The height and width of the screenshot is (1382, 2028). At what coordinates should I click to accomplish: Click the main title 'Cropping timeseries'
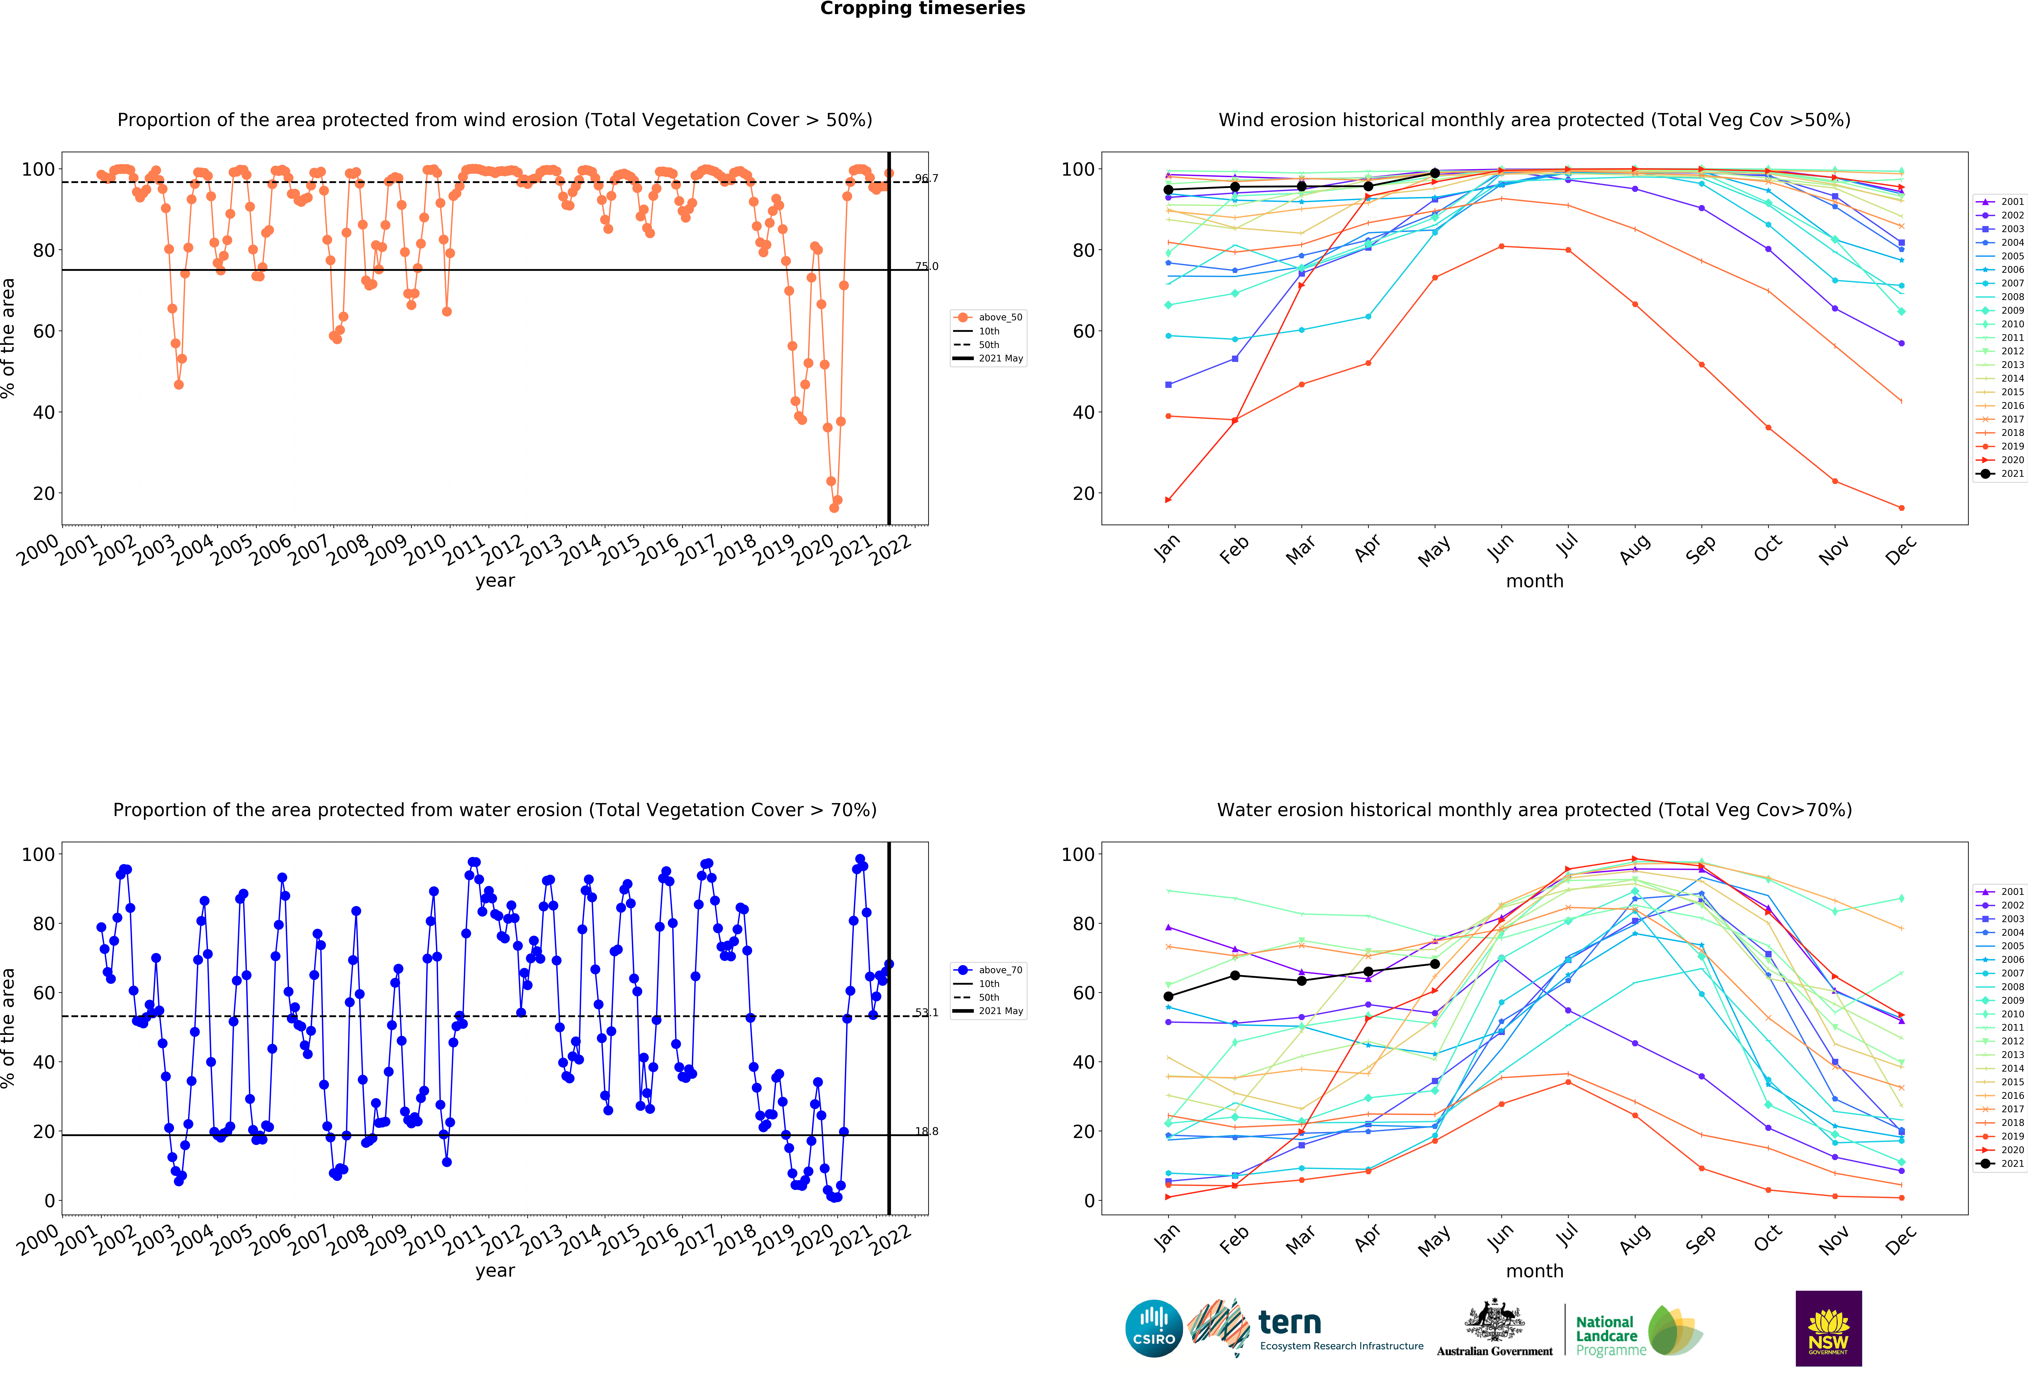tap(922, 9)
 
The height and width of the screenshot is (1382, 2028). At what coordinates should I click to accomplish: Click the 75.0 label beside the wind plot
tap(926, 266)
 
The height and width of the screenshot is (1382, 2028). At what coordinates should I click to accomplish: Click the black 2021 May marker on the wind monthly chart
tap(1435, 174)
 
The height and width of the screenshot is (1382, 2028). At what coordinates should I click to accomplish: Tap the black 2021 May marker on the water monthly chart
tap(1435, 964)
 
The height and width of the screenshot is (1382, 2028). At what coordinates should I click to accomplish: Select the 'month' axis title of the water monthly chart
tap(1534, 1271)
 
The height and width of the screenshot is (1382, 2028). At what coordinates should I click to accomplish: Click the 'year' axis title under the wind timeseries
tap(495, 581)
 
